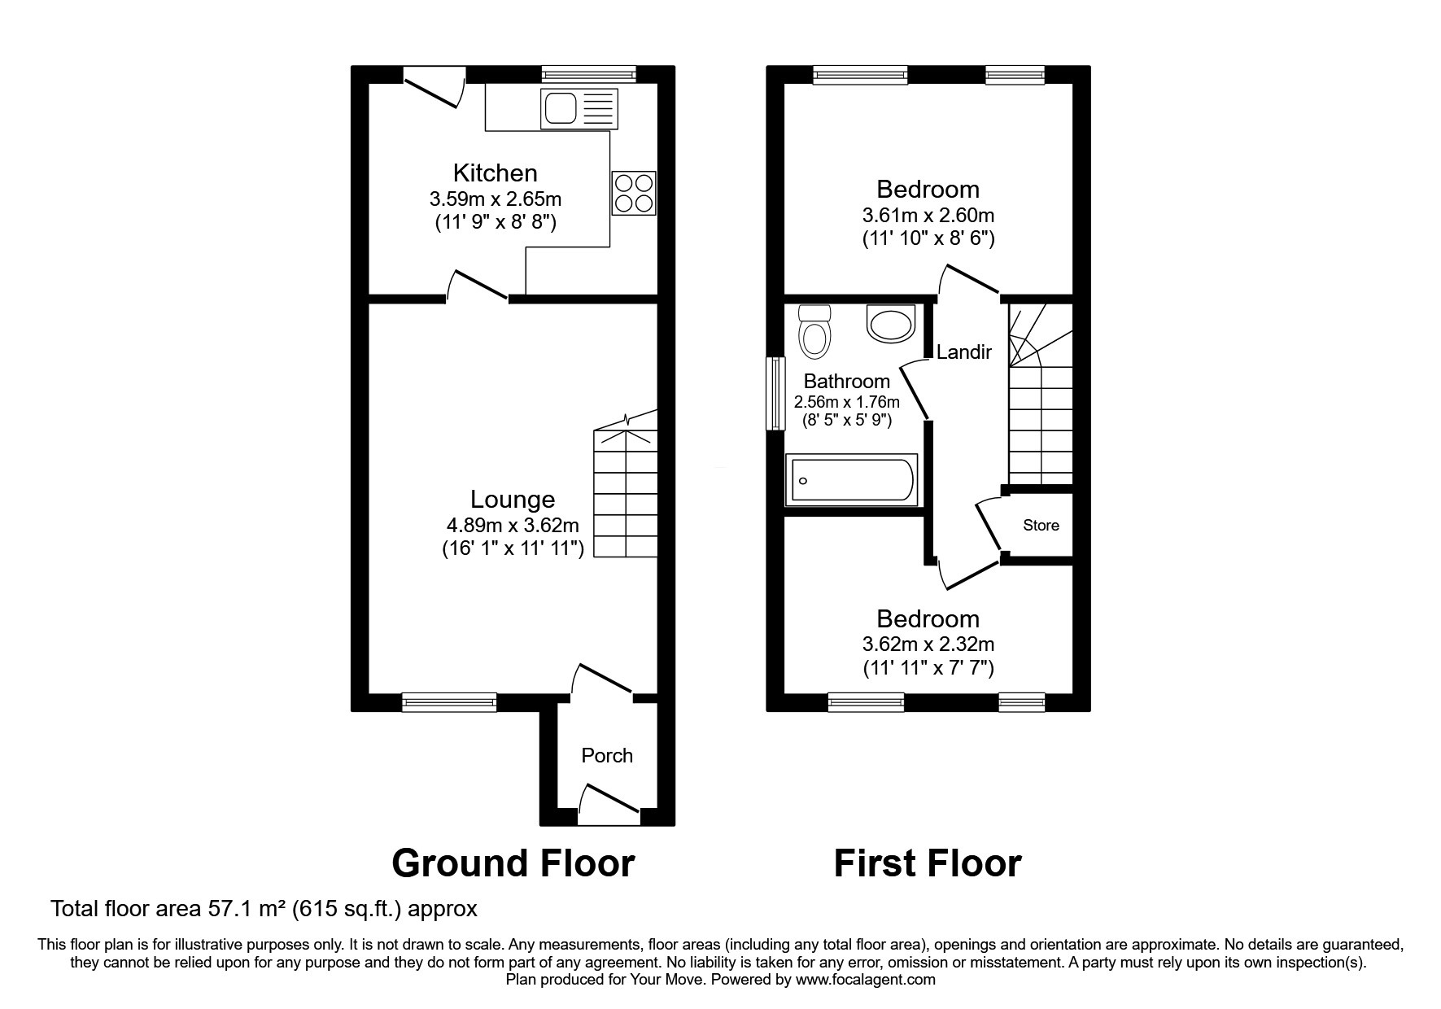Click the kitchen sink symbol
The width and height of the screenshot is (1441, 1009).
579,109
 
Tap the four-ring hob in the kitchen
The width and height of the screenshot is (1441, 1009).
633,193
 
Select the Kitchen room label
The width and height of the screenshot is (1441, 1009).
495,173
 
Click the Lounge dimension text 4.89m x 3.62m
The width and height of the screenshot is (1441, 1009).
513,525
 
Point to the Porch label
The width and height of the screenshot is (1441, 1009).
607,755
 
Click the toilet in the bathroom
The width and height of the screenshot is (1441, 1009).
814,331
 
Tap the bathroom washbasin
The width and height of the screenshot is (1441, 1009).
892,323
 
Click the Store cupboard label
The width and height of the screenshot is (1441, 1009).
1041,525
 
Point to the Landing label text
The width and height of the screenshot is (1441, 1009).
964,352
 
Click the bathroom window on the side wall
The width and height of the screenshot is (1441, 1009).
775,393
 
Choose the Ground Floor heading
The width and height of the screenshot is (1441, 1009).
513,863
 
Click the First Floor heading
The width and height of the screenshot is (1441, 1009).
927,863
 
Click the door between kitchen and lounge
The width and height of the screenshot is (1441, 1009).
478,286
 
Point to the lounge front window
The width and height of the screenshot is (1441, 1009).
449,701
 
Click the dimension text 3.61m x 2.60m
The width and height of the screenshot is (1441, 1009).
928,216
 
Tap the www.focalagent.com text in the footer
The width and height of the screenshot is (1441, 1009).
865,980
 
